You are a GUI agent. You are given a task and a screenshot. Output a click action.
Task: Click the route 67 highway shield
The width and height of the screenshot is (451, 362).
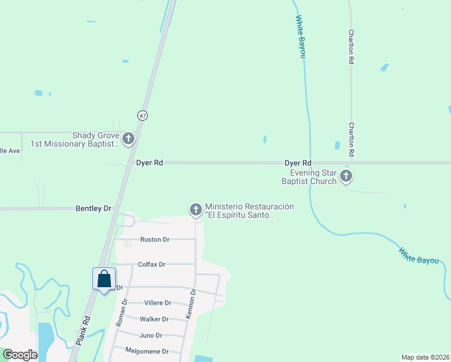[x=142, y=115]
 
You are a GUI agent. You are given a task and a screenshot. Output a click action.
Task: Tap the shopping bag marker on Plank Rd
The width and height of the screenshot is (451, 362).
[x=104, y=279]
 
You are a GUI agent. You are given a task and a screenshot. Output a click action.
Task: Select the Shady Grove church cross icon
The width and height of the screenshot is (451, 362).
[x=128, y=139]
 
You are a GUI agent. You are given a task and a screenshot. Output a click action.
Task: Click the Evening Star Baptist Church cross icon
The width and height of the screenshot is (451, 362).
[x=345, y=176]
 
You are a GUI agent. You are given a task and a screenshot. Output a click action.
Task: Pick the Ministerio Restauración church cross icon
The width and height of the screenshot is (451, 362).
[x=195, y=210]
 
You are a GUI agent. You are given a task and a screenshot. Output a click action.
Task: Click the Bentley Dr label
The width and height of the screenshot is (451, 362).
[x=93, y=209]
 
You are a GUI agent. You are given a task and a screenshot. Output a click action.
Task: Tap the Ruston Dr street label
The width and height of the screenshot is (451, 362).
[x=154, y=240]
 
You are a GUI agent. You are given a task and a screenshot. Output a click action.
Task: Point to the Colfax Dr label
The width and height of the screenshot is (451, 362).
[x=151, y=264]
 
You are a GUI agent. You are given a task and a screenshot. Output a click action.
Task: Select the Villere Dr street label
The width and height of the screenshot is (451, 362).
[x=158, y=303]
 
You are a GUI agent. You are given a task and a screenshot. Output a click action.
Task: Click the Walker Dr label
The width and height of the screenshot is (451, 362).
[x=154, y=319]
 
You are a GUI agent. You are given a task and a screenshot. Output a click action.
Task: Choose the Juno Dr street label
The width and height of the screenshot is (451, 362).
[x=151, y=335]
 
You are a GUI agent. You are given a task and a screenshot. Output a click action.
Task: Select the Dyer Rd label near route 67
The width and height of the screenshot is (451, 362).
[x=150, y=163]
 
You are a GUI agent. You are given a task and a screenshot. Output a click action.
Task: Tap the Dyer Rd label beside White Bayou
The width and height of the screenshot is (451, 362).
[x=298, y=163]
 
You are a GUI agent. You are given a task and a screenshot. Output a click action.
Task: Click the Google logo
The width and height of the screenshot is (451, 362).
[x=20, y=355]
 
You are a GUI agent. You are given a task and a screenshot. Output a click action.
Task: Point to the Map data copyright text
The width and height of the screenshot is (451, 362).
[x=425, y=357]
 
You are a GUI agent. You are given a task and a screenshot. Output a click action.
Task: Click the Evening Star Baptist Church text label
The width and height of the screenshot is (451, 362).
[x=309, y=177]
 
